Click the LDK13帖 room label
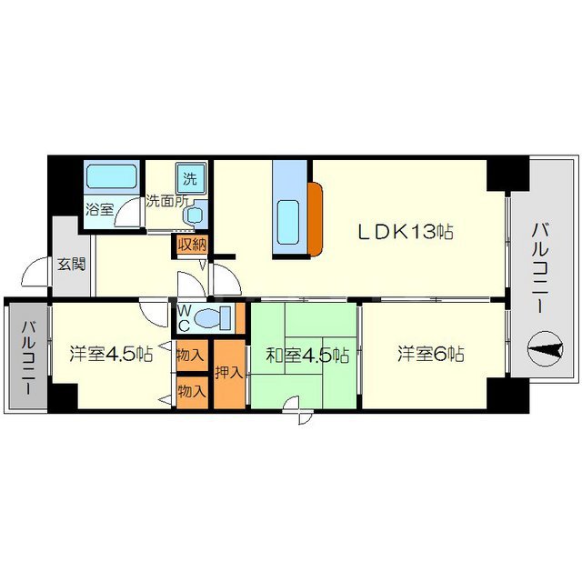click(406, 232)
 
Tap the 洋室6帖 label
click(431, 354)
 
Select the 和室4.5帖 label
click(307, 356)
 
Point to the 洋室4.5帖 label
click(111, 354)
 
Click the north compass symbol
click(546, 349)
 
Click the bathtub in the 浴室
click(111, 176)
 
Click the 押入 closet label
click(229, 373)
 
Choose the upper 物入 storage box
click(192, 355)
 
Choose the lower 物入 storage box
click(192, 392)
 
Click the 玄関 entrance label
click(72, 265)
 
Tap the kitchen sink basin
click(288, 222)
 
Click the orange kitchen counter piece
click(316, 219)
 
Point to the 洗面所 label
click(166, 201)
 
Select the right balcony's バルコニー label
click(540, 268)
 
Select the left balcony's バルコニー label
click(28, 357)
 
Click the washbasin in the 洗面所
click(195, 215)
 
